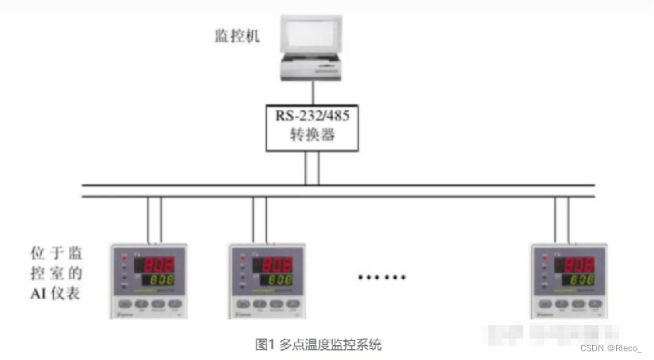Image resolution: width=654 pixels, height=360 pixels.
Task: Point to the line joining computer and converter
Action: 313,91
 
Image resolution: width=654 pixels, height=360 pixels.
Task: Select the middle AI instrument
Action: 267,281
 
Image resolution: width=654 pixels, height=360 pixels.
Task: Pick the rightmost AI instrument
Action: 568,281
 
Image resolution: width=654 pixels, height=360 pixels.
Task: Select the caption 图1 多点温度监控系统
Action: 319,344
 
